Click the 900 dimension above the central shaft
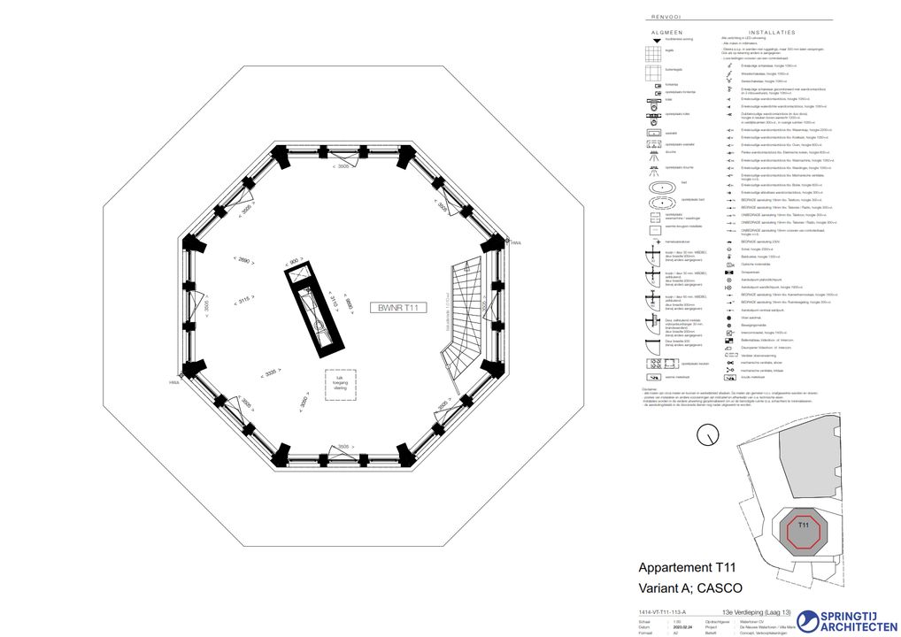pos(292,260)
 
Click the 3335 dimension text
pos(270,373)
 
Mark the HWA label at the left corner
pos(174,382)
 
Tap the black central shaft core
pos(313,309)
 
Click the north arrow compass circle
pos(707,434)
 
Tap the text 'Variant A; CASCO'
pos(689,587)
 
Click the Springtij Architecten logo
pos(846,621)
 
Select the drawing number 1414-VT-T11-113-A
pos(662,611)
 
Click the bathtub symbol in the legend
pos(662,188)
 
